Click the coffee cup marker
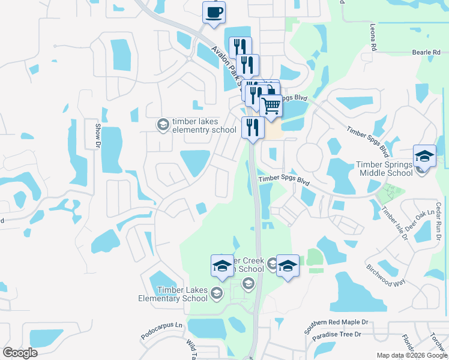click(x=213, y=13)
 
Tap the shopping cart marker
click(x=271, y=106)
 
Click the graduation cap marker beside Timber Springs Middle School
click(x=424, y=157)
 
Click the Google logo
click(x=20, y=353)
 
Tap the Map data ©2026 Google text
click(x=412, y=355)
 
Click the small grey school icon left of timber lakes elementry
click(x=162, y=125)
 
